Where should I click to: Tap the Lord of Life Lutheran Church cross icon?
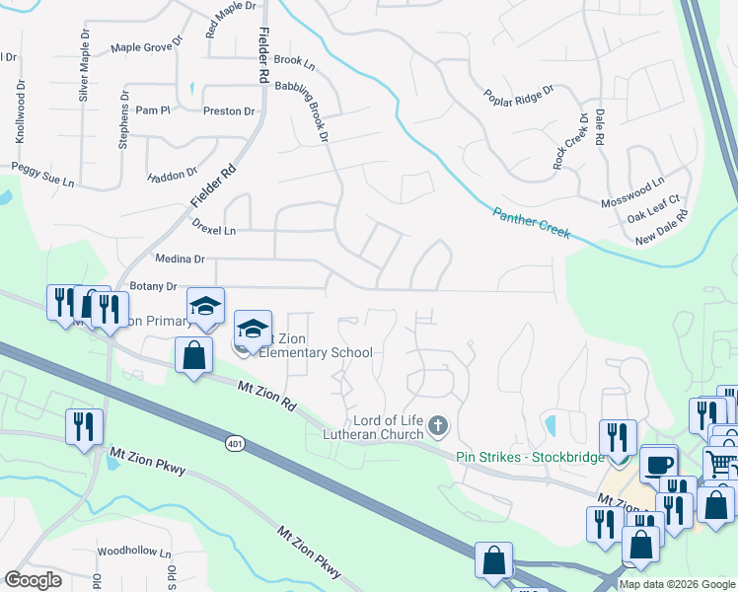438,427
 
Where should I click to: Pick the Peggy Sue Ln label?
42,177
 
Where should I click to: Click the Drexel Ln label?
214,230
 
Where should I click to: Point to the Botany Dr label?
152,286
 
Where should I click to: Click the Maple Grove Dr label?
147,45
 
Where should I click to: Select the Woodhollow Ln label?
134,553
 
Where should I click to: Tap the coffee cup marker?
658,465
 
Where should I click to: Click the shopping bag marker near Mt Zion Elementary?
194,355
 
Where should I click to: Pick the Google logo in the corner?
33,580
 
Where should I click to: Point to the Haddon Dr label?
172,176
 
